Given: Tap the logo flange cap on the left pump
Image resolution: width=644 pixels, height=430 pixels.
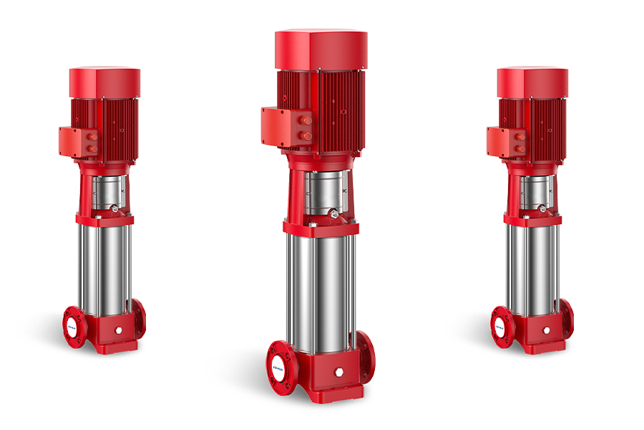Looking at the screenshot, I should [x=74, y=325].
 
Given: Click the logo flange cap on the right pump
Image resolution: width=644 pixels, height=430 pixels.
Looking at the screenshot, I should [x=501, y=325].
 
